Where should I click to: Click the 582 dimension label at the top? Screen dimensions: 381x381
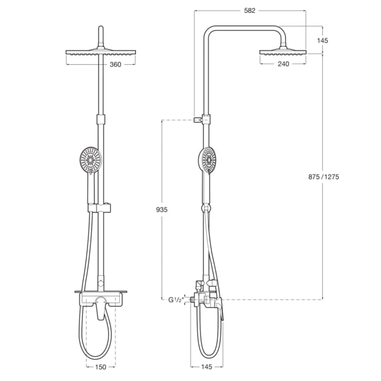point(250,11)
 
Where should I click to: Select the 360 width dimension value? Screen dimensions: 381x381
point(115,64)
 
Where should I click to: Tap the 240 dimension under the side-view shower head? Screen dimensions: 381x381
point(283,64)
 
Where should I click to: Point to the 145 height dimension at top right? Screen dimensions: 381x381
point(322,40)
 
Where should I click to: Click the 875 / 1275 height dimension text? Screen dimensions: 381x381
point(324,177)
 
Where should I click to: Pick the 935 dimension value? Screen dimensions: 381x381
point(162,210)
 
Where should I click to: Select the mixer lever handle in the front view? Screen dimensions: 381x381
point(101,307)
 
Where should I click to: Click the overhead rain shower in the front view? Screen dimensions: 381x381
point(101,52)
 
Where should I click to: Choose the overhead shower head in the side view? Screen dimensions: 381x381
point(283,52)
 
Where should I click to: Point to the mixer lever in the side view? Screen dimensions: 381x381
point(219,309)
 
